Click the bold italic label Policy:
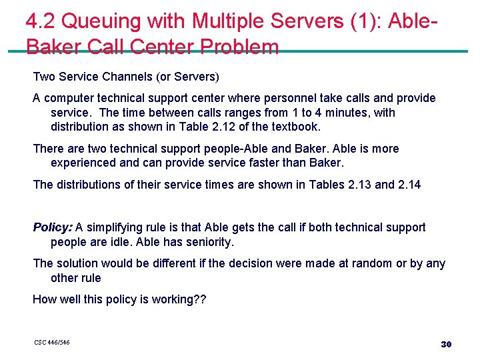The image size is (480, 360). (x=53, y=227)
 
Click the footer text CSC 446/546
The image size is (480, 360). (x=52, y=343)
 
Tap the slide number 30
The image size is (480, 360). (x=446, y=344)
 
